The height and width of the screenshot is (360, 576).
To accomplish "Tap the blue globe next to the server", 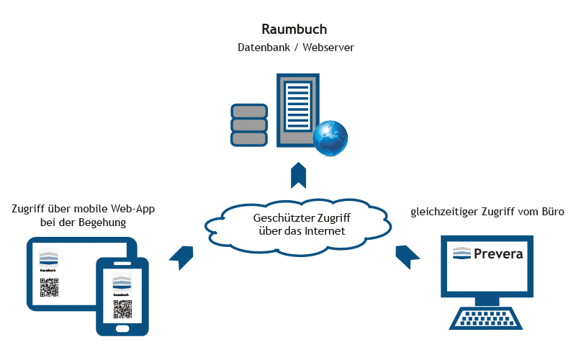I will click(x=330, y=137).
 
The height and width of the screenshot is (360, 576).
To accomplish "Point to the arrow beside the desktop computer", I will click(x=408, y=255).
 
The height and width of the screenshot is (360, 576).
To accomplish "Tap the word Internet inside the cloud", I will click(x=325, y=231).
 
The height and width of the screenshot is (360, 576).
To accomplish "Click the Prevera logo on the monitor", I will click(x=487, y=253).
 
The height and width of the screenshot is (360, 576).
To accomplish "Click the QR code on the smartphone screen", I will click(x=122, y=308).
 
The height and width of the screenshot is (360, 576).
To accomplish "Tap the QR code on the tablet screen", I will click(x=49, y=287).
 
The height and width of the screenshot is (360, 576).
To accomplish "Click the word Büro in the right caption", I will click(x=551, y=212).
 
